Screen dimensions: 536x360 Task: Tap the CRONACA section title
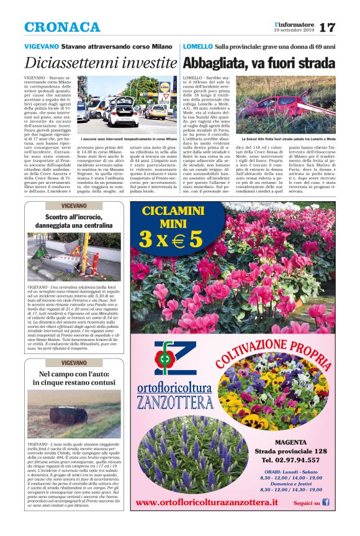click(x=62, y=27)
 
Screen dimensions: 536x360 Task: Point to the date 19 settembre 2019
click(x=295, y=30)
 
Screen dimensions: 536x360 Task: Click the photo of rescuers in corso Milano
click(x=128, y=104)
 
